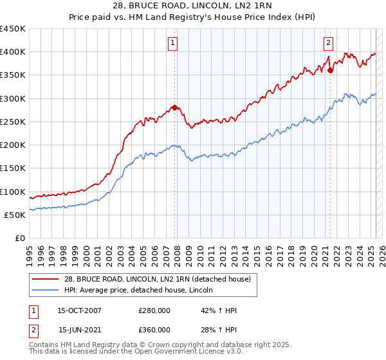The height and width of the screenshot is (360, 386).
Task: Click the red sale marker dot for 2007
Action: point(175,108)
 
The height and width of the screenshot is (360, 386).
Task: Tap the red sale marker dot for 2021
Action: point(330,71)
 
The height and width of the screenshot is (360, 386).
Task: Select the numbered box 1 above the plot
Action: point(174,43)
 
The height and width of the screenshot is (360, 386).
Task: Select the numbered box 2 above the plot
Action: point(328,43)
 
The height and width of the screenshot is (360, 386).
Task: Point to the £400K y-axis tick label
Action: point(13,52)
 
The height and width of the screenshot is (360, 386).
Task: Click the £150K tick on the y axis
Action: point(13,168)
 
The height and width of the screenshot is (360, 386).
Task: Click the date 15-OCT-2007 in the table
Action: point(79,310)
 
